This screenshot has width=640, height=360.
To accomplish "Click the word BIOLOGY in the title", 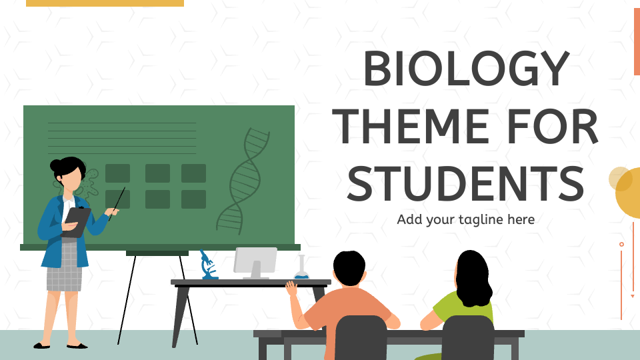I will pyautogui.click(x=466, y=69).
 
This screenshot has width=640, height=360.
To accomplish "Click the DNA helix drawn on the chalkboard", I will pyautogui.click(x=244, y=180).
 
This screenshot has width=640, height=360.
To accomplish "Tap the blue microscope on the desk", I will pyautogui.click(x=208, y=265).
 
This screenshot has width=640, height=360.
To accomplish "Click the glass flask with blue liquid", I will pyautogui.click(x=301, y=269).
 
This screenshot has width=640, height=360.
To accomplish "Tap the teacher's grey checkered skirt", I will pyautogui.click(x=64, y=267).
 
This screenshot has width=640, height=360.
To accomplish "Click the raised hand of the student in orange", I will pyautogui.click(x=291, y=288).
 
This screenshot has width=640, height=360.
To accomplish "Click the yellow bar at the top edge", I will pyautogui.click(x=105, y=3).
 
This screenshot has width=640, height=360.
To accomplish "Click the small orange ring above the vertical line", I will pyautogui.click(x=621, y=245).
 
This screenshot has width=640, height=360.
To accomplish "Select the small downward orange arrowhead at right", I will pyautogui.click(x=633, y=296).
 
